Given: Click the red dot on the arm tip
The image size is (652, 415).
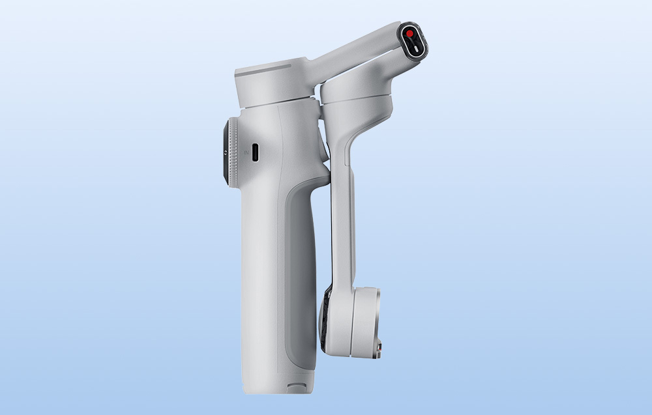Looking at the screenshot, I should pyautogui.click(x=409, y=34).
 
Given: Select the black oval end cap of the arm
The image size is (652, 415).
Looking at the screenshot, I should pyautogui.click(x=413, y=40).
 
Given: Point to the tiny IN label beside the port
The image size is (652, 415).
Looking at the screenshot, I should pyautogui.click(x=246, y=152).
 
